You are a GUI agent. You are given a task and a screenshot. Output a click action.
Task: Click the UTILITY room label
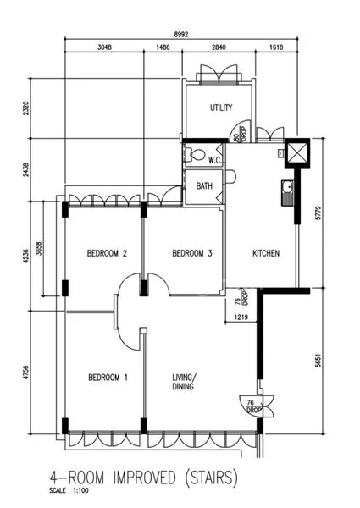(221, 108)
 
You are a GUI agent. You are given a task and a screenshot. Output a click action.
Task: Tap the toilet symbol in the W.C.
(195, 154)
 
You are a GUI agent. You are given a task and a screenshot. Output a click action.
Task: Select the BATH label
(204, 186)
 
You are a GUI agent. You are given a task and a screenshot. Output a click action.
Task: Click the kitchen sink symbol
(287, 192)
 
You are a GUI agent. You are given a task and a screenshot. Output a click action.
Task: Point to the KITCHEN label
(266, 253)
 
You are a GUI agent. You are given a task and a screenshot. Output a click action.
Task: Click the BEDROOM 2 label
(107, 253)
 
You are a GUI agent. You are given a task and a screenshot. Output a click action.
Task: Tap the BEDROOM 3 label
(192, 253)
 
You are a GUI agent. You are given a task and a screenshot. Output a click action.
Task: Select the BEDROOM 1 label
(108, 378)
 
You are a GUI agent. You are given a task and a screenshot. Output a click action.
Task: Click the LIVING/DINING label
(184, 382)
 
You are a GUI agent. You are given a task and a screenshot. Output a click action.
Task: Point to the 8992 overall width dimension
(181, 35)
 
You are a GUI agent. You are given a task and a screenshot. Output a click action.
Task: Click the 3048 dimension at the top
(104, 47)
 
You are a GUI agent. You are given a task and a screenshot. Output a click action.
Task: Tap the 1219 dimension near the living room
(241, 317)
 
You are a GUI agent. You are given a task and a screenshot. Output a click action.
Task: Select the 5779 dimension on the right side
(318, 213)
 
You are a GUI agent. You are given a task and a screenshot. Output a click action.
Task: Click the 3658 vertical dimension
(39, 248)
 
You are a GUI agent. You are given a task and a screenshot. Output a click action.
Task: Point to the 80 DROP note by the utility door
(241, 133)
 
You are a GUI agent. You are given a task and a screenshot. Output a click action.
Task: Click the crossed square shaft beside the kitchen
(297, 152)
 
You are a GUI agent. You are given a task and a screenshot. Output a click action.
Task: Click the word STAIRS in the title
(211, 478)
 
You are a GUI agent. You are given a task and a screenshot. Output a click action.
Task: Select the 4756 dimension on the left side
(26, 373)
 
